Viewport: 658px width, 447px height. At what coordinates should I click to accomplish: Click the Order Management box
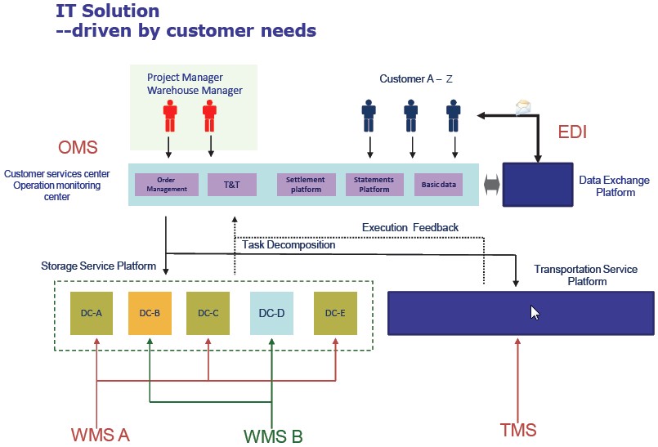coord(167,185)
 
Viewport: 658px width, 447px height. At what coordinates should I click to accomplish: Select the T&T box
coord(232,185)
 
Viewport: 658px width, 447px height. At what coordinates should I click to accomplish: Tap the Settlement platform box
coord(306,185)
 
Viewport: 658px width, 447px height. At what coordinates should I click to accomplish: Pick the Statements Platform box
coord(374,185)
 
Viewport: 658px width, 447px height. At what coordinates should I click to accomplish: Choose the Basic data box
coord(438,185)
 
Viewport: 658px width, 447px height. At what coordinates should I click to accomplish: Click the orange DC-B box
coord(150,313)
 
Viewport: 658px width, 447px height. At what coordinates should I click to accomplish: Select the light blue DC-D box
coord(271,313)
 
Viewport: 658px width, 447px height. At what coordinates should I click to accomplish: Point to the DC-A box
coord(92,313)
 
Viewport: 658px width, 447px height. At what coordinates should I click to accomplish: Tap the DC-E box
coord(335,313)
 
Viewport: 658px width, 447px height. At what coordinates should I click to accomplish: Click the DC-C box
coord(208,313)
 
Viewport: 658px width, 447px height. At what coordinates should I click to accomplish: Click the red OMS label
coord(78,148)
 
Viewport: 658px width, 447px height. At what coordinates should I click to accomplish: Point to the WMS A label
coord(100,434)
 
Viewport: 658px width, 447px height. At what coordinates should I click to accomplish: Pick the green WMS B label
coord(273,436)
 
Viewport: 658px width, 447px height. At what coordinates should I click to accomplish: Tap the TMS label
coord(517,430)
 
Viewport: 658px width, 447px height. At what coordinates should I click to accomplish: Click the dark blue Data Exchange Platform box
coord(536,186)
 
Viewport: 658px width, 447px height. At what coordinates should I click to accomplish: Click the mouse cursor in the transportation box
coord(535,312)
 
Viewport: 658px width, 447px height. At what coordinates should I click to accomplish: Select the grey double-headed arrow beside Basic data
coord(490,186)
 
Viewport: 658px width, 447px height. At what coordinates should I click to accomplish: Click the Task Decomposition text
coord(289,244)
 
